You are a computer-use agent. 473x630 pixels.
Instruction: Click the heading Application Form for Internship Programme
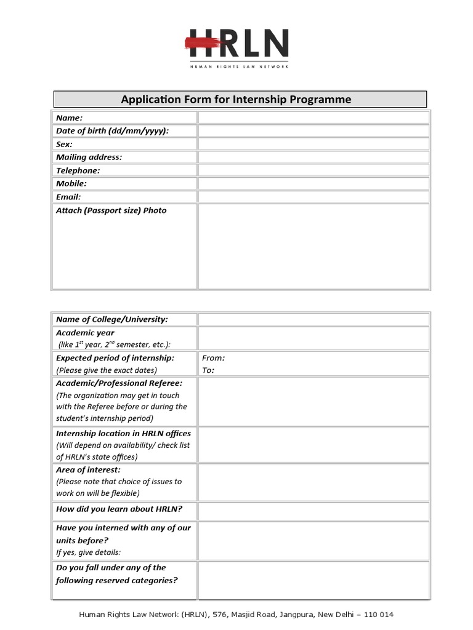[236, 100]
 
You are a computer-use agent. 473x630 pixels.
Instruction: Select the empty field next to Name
[313, 118]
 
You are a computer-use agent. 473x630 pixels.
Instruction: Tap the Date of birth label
[112, 131]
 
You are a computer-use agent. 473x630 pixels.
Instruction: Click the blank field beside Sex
[313, 144]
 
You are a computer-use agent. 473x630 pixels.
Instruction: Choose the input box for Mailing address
[313, 157]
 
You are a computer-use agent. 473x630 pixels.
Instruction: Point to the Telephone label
[78, 170]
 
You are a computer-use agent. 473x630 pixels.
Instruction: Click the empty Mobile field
[313, 184]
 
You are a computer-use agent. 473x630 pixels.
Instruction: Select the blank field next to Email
[313, 197]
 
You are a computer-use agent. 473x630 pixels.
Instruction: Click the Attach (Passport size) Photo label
[111, 210]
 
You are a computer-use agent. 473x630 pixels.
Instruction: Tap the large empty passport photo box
[313, 246]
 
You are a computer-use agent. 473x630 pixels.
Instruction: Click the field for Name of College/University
[313, 319]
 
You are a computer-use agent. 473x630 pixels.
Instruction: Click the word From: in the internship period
[213, 358]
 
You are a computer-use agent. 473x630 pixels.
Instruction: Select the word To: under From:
[208, 370]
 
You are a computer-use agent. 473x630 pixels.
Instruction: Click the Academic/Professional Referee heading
[119, 383]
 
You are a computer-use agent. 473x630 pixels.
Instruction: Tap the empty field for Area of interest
[313, 482]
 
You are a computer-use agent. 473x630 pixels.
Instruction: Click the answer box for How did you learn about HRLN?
[313, 511]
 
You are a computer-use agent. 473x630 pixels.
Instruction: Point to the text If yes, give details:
[89, 552]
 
